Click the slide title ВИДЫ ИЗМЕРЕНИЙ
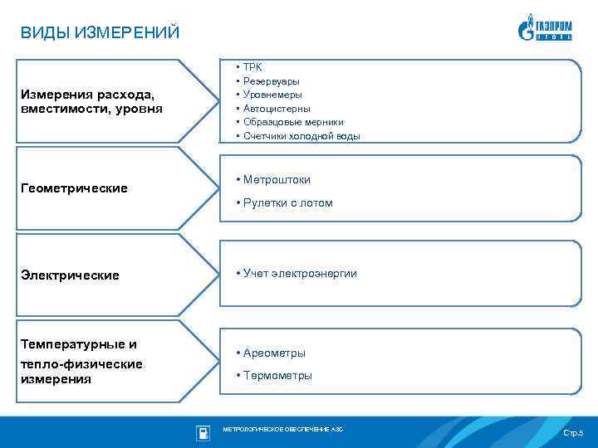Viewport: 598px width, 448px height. tap(100, 33)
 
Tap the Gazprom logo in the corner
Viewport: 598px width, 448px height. tap(544, 27)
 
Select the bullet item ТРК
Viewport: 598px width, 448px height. tap(252, 66)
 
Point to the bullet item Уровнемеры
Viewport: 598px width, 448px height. tap(272, 95)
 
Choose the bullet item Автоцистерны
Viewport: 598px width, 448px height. tap(277, 108)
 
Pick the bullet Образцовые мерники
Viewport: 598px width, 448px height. tap(293, 122)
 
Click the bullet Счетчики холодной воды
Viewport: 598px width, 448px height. tap(301, 136)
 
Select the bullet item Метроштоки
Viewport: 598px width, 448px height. tap(277, 179)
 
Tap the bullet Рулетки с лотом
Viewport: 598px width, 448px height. tap(287, 202)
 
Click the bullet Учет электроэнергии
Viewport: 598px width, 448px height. tap(300, 273)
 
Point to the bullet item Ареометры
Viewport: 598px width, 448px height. tap(274, 353)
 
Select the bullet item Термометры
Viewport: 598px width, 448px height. tap(277, 375)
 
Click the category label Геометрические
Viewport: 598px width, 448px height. tap(74, 188)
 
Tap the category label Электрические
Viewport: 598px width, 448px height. tap(70, 275)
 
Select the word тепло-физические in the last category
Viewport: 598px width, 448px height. tap(81, 363)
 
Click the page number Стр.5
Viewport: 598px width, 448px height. tap(573, 434)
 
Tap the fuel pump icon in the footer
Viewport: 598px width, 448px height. tap(203, 432)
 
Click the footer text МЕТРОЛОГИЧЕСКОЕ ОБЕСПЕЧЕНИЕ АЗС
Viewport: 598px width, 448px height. tap(282, 429)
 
